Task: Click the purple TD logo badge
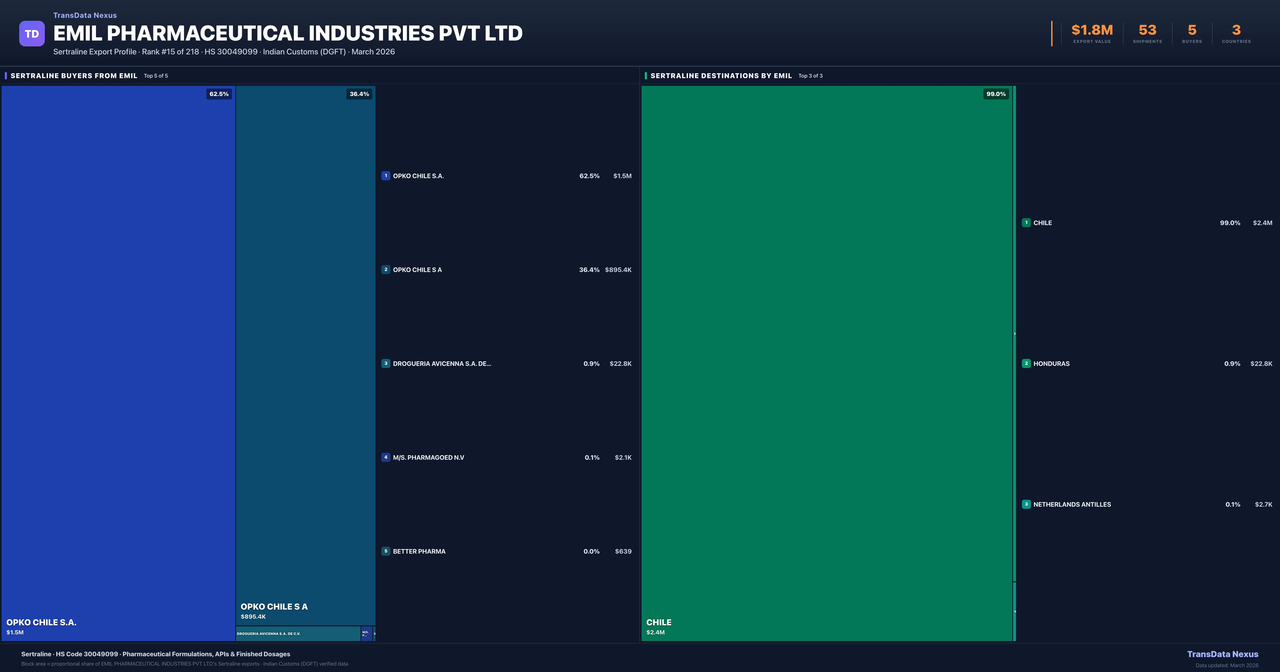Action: click(x=32, y=34)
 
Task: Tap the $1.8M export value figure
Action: click(x=1092, y=30)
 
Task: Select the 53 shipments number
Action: click(x=1147, y=30)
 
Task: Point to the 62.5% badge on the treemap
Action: click(x=219, y=94)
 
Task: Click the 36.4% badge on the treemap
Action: click(x=359, y=94)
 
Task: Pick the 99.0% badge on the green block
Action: click(x=996, y=94)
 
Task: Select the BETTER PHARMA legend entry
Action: click(x=419, y=551)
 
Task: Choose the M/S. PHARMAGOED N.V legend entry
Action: click(x=428, y=457)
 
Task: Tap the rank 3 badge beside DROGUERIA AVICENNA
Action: click(x=386, y=363)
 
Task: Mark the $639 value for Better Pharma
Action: click(x=623, y=551)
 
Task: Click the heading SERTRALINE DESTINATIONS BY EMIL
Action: click(x=721, y=75)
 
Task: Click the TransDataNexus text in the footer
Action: click(x=1222, y=654)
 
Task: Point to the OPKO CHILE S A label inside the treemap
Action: click(x=274, y=606)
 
